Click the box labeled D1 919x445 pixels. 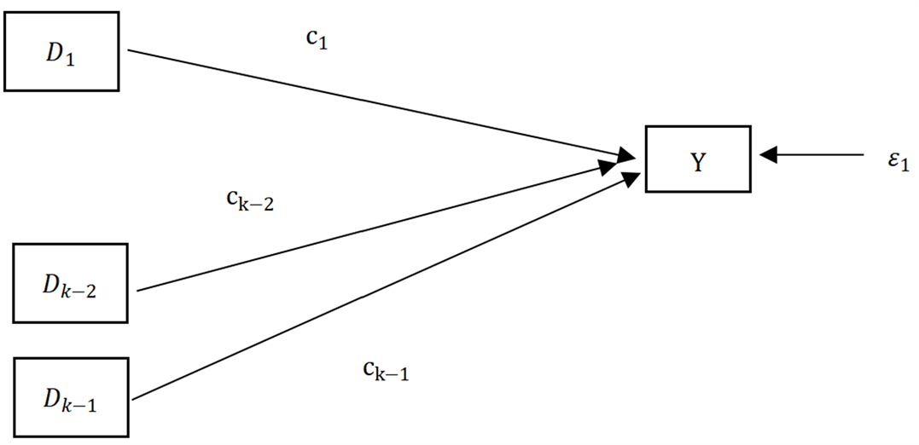click(61, 51)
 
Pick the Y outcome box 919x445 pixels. click(698, 159)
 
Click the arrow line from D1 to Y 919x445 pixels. click(367, 101)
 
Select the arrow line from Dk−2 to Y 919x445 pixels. click(367, 228)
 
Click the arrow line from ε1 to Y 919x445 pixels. click(819, 155)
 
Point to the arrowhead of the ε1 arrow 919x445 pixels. click(767, 155)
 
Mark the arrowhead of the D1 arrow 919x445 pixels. click(627, 154)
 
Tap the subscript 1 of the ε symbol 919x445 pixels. click(903, 164)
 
